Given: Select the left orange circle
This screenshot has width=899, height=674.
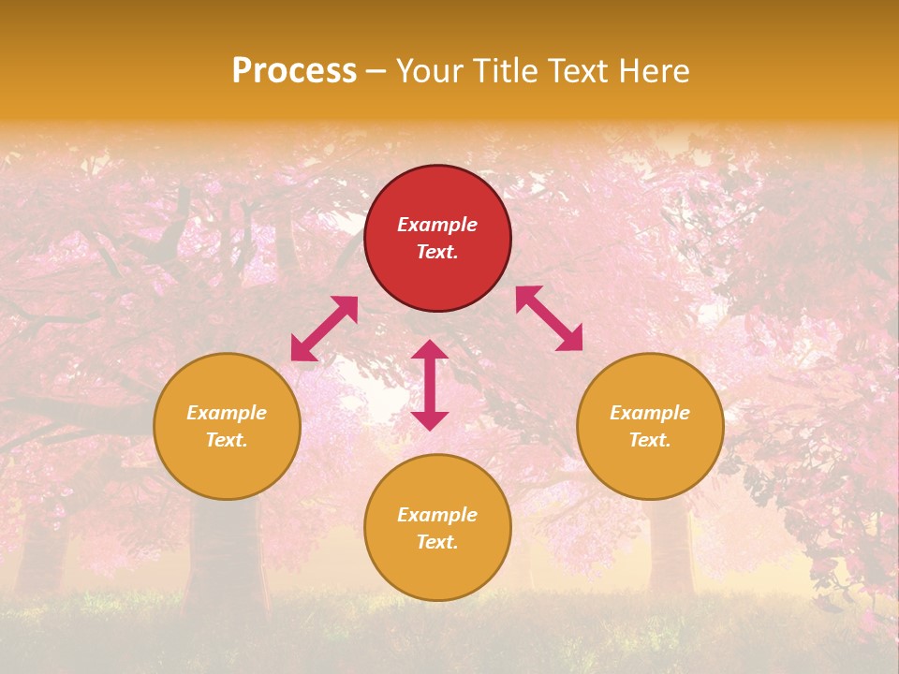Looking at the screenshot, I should (x=227, y=426).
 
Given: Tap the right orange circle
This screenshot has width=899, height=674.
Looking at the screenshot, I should (x=650, y=426).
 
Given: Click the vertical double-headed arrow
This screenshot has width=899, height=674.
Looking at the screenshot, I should (x=430, y=385).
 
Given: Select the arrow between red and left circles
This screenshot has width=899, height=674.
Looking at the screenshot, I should (x=324, y=329).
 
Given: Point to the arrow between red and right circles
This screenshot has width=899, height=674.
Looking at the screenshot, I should (x=549, y=318).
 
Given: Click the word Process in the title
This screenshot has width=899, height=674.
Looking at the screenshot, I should (x=294, y=71).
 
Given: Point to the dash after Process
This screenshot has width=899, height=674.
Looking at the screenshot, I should (x=376, y=71).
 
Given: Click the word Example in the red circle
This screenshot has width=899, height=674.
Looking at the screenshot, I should (x=437, y=225).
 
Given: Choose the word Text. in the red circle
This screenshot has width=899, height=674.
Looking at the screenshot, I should (x=437, y=252).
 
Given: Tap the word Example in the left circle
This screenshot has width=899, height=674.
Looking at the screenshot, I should (x=227, y=413).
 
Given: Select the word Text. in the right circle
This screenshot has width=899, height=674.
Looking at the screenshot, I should (x=650, y=440).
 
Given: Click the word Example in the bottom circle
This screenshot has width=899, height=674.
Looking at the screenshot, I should (x=437, y=515).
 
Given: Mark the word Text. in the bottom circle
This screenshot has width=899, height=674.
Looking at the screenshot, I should (x=437, y=542).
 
